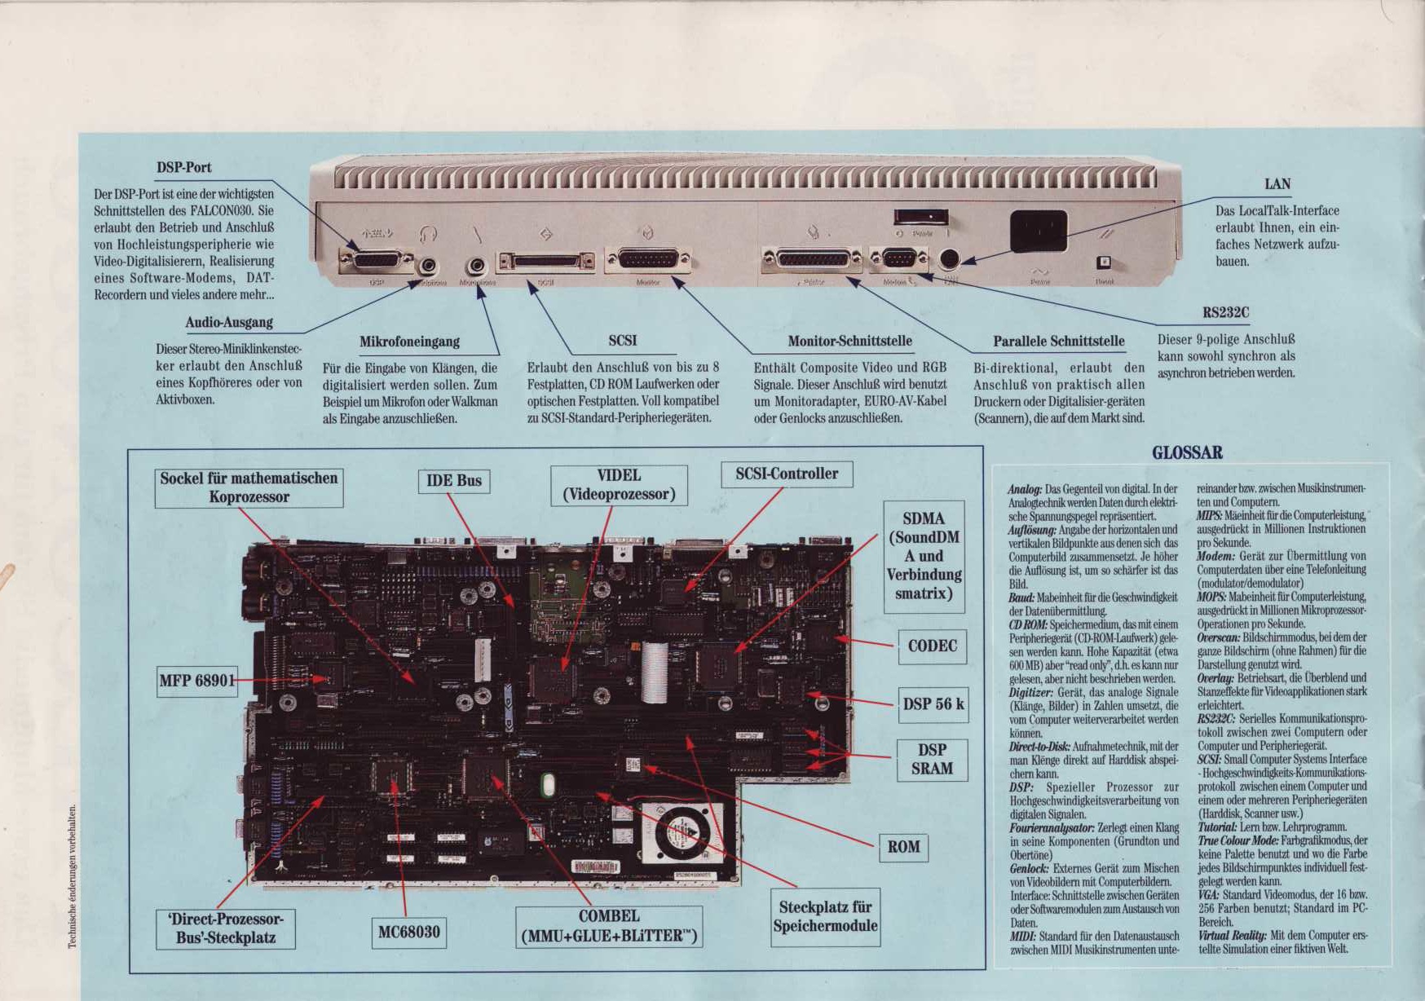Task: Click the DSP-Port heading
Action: [x=183, y=168]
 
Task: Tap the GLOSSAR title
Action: [x=1187, y=453]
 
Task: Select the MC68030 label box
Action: [x=408, y=932]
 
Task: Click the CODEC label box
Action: [x=932, y=646]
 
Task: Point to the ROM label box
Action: [x=903, y=847]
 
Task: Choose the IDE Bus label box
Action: [x=454, y=481]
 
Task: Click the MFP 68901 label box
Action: [x=197, y=681]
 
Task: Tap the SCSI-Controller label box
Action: [x=787, y=474]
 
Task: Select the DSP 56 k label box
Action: [x=933, y=704]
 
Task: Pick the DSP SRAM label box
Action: [x=932, y=760]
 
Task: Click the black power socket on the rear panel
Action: [x=1038, y=231]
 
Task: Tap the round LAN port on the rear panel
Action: [x=947, y=259]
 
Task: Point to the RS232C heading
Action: [x=1225, y=312]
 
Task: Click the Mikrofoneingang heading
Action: [x=409, y=342]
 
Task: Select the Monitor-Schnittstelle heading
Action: [x=849, y=341]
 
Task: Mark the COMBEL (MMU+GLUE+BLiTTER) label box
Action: [x=609, y=927]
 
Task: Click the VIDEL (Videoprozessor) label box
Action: [x=619, y=485]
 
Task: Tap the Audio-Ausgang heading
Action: [x=229, y=322]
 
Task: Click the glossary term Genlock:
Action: [x=1028, y=869]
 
